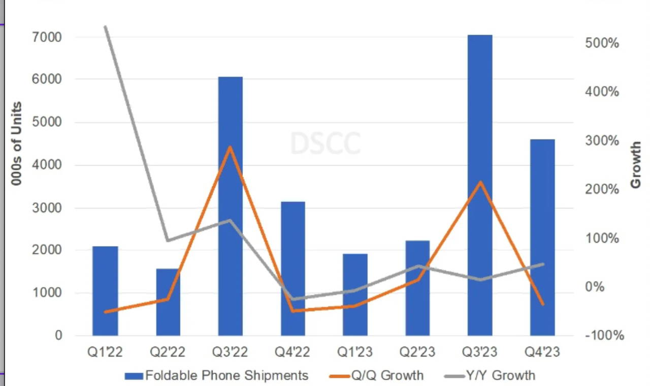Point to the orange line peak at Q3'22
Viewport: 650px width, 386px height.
230,147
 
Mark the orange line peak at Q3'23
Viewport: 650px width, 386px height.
480,182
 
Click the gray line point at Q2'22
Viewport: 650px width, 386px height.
168,241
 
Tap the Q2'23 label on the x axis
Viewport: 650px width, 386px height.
417,352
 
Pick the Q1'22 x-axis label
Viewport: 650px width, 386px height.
105,352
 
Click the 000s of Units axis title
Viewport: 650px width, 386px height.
17,143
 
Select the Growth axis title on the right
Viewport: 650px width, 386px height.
636,165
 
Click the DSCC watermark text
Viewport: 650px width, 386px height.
326,143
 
